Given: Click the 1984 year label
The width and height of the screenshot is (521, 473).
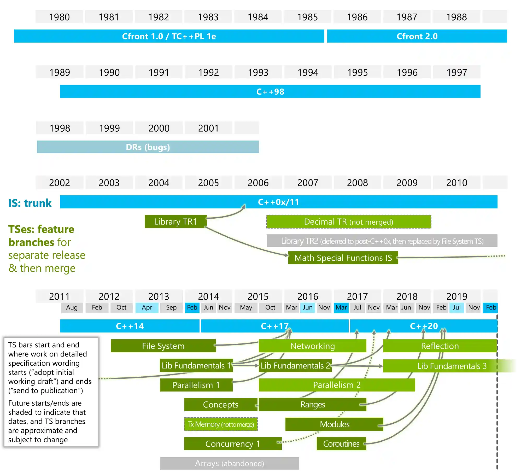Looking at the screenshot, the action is pos(258,17).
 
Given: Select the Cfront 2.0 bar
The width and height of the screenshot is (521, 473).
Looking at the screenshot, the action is pos(417,36).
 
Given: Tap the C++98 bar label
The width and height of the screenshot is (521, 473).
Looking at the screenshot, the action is pos(270,92).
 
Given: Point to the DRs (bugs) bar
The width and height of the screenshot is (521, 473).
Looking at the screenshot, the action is pos(148,147).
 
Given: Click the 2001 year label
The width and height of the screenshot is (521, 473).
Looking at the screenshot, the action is pos(208,128).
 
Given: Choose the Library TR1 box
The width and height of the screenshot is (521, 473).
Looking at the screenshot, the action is pos(175,221).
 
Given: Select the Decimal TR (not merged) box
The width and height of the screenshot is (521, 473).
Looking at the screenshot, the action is pos(349,222).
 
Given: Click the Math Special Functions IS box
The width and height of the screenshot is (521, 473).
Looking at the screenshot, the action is pos(343,258).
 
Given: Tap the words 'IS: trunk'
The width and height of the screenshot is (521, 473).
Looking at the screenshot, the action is pos(30,203).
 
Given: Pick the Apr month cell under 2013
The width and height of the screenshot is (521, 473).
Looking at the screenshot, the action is pos(147,308).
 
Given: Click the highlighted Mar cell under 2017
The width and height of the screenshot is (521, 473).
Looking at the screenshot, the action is pos(341,308).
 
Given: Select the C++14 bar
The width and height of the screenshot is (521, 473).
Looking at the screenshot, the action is pos(130,326).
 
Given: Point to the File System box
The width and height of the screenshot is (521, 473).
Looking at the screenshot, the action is pos(163,346).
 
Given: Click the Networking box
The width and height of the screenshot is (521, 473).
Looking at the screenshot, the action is pos(313,346).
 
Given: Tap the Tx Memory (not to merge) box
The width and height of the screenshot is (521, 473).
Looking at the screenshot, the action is pos(221,424).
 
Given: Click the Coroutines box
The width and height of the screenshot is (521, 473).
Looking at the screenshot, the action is pos(341,444).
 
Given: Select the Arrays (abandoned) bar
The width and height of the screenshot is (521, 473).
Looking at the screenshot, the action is pos(230,463).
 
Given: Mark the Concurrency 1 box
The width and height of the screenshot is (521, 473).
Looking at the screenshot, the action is pos(233,444).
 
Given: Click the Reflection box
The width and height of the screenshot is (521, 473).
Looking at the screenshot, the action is pos(440,346).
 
